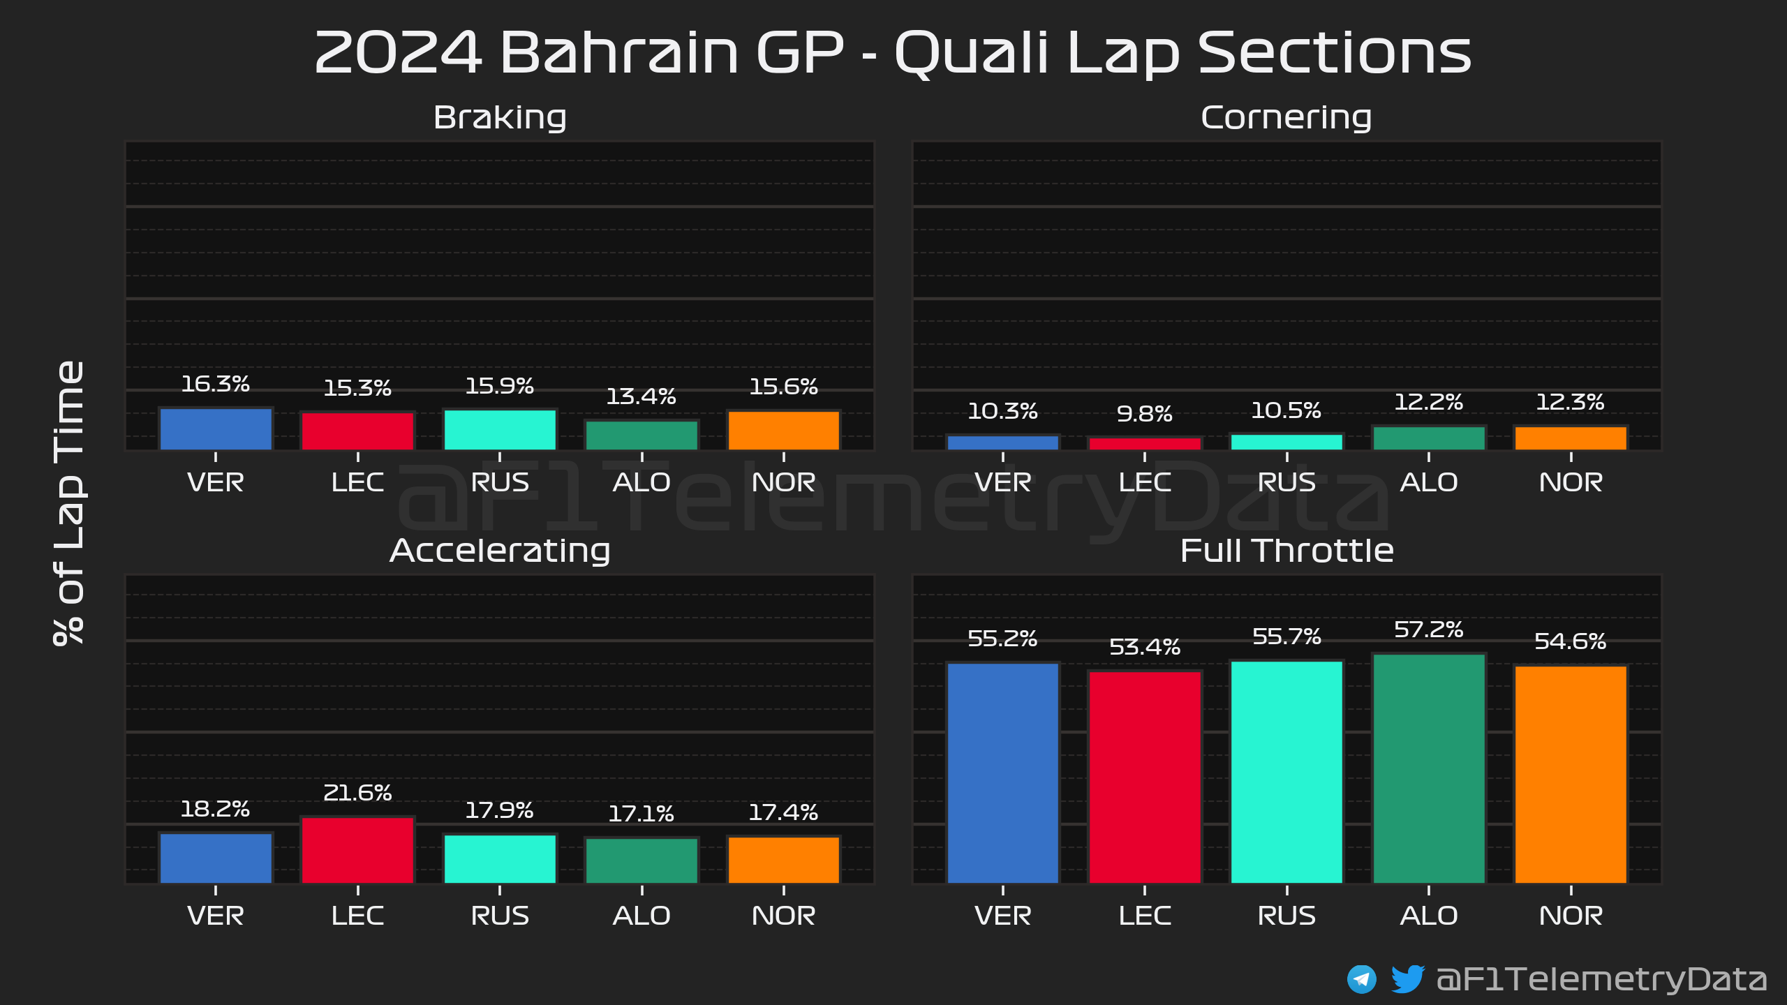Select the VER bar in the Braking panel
point(216,429)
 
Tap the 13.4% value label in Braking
point(641,397)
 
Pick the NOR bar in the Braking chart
point(783,430)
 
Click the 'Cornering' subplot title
point(1286,117)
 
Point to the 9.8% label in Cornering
point(1144,414)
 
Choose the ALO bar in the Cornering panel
point(1428,438)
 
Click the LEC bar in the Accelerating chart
point(357,850)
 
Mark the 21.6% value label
point(357,793)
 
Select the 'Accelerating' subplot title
point(500,551)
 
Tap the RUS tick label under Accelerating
point(500,916)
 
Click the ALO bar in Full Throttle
point(1428,768)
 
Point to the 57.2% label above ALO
point(1428,630)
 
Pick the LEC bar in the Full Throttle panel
point(1144,777)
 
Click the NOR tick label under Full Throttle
point(1571,916)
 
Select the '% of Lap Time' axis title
point(69,502)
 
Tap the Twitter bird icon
point(1407,978)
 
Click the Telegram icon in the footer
point(1361,979)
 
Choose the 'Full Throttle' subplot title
point(1287,551)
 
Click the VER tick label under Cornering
point(1002,482)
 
